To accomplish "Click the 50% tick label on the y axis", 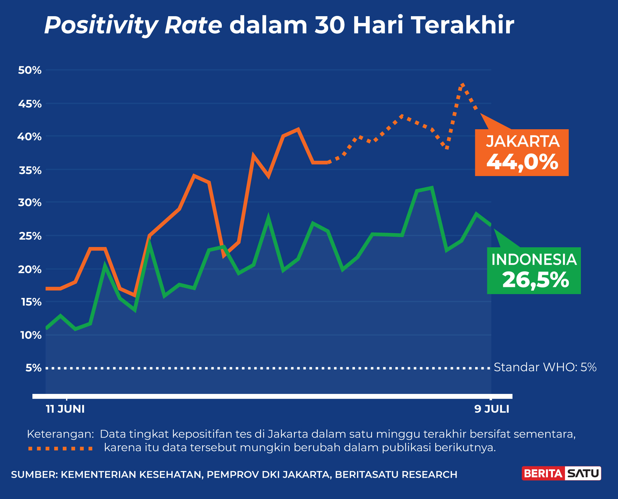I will pyautogui.click(x=30, y=70).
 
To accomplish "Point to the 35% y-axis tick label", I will pyautogui.click(x=30, y=170).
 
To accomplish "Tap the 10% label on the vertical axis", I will pyautogui.click(x=31, y=335).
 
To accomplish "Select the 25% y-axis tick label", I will pyautogui.click(x=30, y=236).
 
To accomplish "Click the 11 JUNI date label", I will pyautogui.click(x=65, y=409).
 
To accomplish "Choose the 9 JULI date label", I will pyautogui.click(x=492, y=409).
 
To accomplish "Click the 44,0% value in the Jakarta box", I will pyautogui.click(x=522, y=162).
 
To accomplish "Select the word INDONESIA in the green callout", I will pyautogui.click(x=534, y=260).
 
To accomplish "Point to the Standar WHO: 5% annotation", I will pyautogui.click(x=545, y=367).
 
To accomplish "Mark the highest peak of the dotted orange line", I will pyautogui.click(x=462, y=85).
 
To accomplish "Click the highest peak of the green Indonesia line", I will pyautogui.click(x=432, y=188).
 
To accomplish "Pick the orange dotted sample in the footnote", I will pyautogui.click(x=60, y=448).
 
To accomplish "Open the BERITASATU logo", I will pyautogui.click(x=561, y=473).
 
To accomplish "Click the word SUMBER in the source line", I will pyautogui.click(x=34, y=475).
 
